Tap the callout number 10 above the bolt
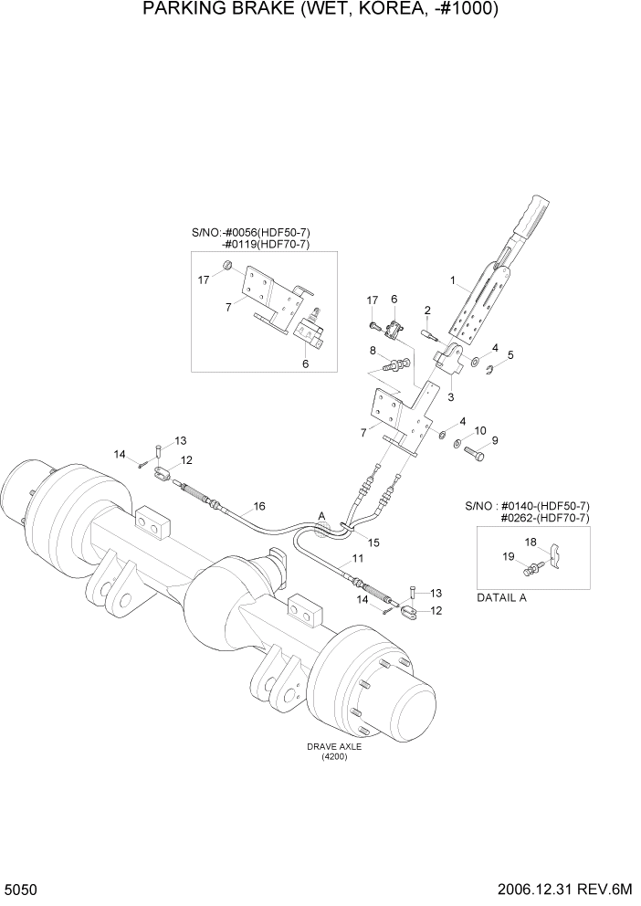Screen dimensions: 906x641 point(481,428)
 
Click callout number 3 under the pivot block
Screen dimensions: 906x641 point(450,396)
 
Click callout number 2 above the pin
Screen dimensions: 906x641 point(426,310)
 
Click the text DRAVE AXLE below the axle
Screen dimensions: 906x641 point(335,746)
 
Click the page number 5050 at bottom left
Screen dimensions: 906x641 point(19,888)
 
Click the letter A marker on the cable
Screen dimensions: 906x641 point(320,517)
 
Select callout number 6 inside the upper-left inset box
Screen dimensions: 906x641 point(305,363)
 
